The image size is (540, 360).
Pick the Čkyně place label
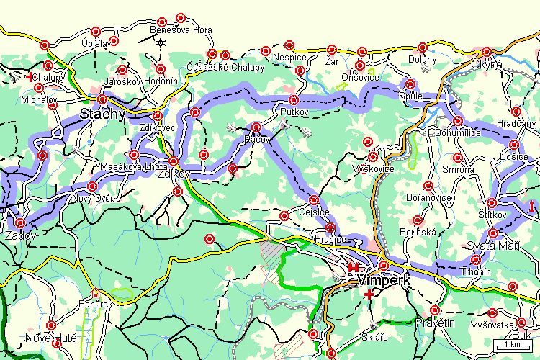point(487,63)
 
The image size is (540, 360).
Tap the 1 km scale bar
point(512,344)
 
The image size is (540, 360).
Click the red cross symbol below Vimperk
point(369,294)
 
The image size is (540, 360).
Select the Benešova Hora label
point(181,30)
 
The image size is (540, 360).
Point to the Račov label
point(257,138)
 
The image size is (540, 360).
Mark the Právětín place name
point(436,323)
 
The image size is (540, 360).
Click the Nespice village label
point(289,57)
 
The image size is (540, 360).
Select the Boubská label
point(417,233)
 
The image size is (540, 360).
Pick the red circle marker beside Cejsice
point(313,199)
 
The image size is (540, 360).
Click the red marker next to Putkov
point(293,99)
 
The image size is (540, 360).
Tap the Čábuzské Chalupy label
point(225,67)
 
